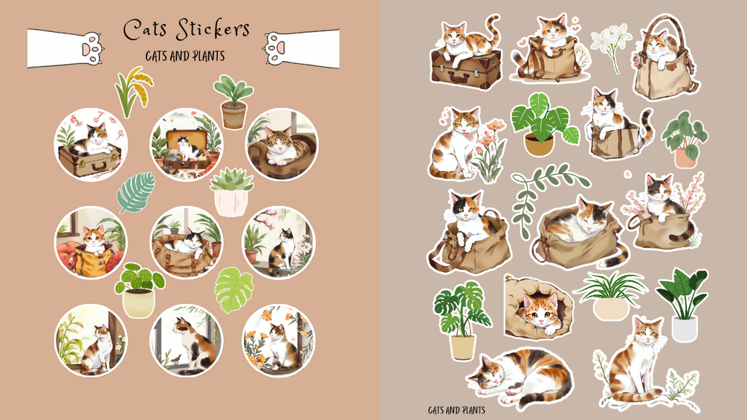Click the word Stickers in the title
[x=212, y=30]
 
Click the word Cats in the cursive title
[x=144, y=30]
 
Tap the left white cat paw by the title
[x=91, y=48]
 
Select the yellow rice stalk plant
[x=134, y=91]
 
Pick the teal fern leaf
[x=137, y=193]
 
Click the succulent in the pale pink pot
[x=231, y=193]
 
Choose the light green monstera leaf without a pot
[x=233, y=290]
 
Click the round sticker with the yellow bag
[x=91, y=243]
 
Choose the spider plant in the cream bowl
[x=610, y=296]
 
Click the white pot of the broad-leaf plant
[x=685, y=329]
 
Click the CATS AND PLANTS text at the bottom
[x=456, y=410]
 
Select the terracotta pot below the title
[x=233, y=114]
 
